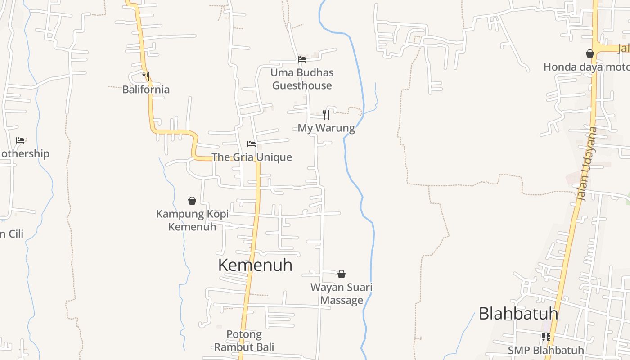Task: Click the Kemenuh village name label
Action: pyautogui.click(x=255, y=265)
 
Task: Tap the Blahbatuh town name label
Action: pyautogui.click(x=518, y=313)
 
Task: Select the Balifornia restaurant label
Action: pyautogui.click(x=146, y=89)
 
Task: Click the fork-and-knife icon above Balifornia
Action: pyautogui.click(x=145, y=76)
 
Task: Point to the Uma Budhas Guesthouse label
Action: pyautogui.click(x=302, y=79)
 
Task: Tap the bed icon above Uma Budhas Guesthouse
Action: pyautogui.click(x=302, y=59)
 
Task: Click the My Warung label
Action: pyautogui.click(x=326, y=128)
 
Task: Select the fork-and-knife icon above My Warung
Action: pyautogui.click(x=326, y=114)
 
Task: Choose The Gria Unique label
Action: pyautogui.click(x=252, y=157)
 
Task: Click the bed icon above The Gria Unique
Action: pyautogui.click(x=252, y=144)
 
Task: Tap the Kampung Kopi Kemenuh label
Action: pyautogui.click(x=192, y=220)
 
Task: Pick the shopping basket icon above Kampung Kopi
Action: pyautogui.click(x=192, y=201)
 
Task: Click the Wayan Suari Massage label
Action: pyautogui.click(x=342, y=293)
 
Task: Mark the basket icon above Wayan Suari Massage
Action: pyautogui.click(x=342, y=274)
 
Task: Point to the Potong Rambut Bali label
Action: pyautogui.click(x=244, y=341)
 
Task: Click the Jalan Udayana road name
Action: pyautogui.click(x=587, y=164)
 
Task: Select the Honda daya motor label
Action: pyautogui.click(x=585, y=67)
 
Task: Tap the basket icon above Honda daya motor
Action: pyautogui.click(x=590, y=54)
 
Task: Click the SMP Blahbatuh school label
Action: pyautogui.click(x=546, y=350)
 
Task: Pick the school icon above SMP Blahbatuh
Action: pyautogui.click(x=546, y=337)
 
